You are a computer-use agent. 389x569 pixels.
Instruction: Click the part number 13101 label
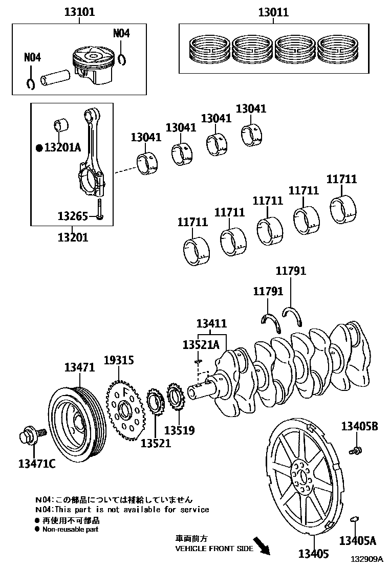click(79, 12)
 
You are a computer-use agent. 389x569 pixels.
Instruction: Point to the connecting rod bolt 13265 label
click(74, 216)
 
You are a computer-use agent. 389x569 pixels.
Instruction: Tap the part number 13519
click(179, 430)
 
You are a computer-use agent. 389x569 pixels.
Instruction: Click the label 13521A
click(201, 345)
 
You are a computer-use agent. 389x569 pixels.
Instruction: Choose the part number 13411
click(212, 323)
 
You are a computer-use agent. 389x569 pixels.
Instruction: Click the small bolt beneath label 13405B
click(354, 450)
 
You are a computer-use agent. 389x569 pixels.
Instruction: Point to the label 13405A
click(358, 540)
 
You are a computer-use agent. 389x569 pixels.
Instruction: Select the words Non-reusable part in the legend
click(70, 530)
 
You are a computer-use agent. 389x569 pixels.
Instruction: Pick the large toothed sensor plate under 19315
click(124, 411)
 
